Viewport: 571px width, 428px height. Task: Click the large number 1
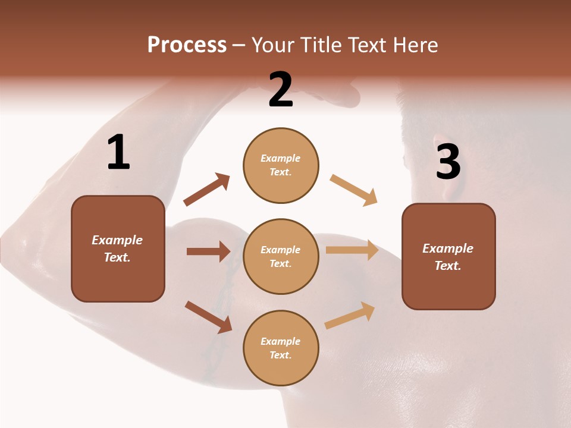[118, 152]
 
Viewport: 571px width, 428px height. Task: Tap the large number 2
[281, 90]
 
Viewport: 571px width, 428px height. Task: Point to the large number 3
[448, 162]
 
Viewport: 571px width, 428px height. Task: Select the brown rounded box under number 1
[118, 248]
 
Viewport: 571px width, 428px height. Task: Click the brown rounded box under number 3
[448, 256]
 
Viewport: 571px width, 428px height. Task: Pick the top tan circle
[281, 165]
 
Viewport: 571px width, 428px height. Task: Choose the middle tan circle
[281, 256]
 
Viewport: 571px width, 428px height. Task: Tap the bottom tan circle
[281, 348]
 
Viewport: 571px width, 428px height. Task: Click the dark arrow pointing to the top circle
[206, 190]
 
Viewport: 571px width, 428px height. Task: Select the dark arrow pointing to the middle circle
[208, 251]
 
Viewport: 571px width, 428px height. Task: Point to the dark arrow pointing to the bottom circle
[208, 317]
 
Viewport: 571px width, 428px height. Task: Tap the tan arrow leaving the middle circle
[352, 250]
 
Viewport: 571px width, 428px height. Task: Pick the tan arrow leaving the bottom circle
[350, 316]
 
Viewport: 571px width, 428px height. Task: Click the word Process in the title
[187, 45]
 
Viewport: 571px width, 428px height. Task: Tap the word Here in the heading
[416, 45]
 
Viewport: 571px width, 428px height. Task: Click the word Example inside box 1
[117, 240]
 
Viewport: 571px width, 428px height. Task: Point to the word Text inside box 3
[448, 266]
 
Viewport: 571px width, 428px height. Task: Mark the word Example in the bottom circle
[281, 341]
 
